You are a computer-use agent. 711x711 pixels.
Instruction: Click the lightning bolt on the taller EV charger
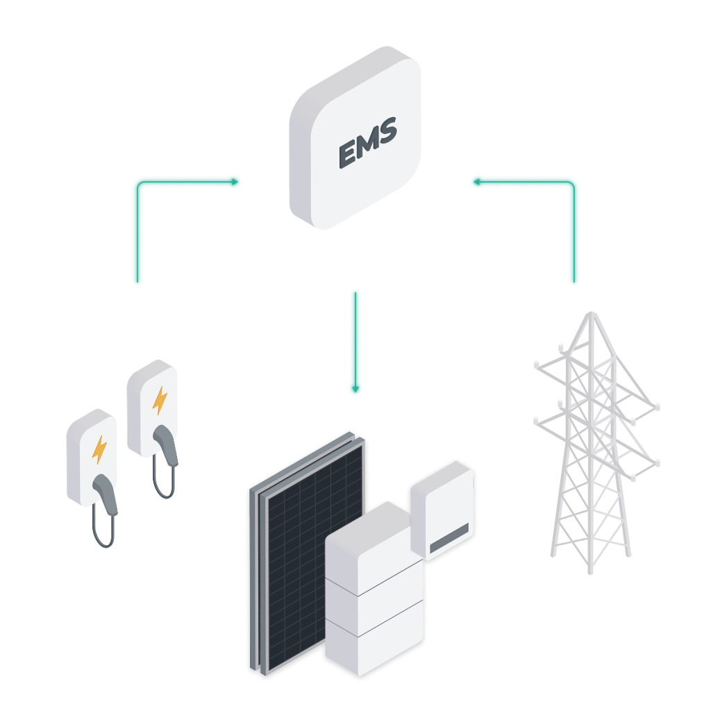coord(160,400)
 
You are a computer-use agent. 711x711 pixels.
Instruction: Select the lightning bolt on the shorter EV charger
coord(99,449)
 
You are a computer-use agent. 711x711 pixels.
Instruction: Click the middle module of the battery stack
coord(373,604)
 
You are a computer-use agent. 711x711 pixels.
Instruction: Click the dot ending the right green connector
coord(476,182)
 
